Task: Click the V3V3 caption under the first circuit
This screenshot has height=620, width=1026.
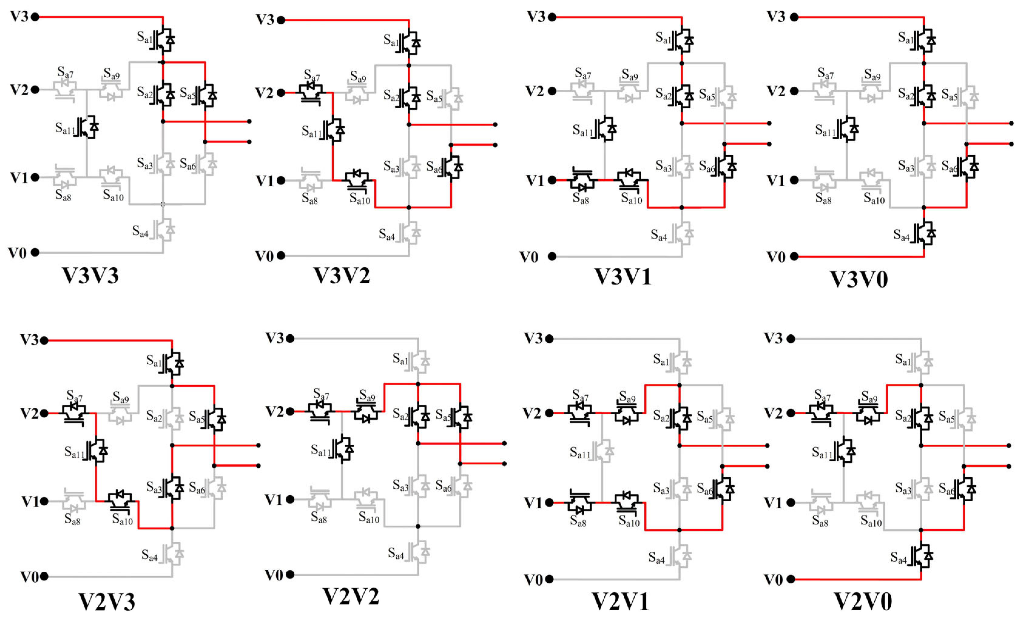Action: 90,276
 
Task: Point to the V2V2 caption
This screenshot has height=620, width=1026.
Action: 351,596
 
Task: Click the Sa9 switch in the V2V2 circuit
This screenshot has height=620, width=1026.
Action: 366,412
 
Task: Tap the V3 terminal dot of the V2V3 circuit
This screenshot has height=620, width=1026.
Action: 44,340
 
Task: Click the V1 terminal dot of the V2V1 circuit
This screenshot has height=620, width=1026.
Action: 550,503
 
